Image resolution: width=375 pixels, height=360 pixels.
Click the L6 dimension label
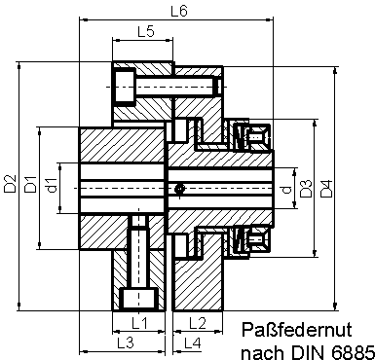(178, 11)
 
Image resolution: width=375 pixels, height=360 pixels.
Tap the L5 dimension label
(145, 31)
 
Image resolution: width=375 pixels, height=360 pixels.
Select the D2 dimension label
(10, 183)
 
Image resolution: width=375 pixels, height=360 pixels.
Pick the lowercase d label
(284, 192)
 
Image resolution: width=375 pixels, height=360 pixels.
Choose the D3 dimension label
(305, 189)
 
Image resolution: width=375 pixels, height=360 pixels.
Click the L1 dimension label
(138, 321)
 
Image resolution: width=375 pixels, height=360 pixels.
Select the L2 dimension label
(194, 321)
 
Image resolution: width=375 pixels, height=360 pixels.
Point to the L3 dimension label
(124, 342)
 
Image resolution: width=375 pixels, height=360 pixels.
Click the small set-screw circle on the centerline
(179, 188)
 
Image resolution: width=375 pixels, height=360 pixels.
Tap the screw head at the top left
(125, 85)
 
